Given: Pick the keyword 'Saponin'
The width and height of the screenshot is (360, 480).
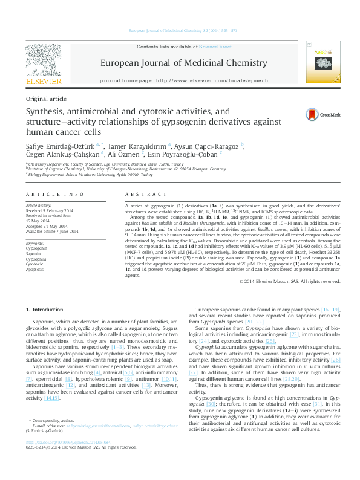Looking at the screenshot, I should (33, 254).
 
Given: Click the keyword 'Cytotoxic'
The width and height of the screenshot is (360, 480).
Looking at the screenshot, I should (34, 264).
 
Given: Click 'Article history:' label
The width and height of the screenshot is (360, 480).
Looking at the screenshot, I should (38, 206).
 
